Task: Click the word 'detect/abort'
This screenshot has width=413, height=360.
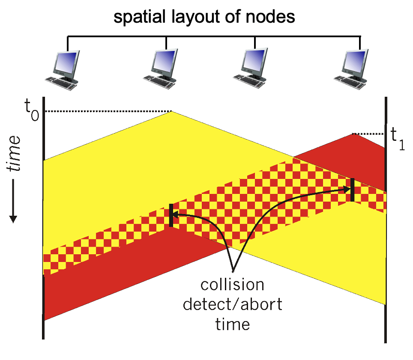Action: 233,305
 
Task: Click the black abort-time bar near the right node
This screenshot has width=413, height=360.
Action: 352,190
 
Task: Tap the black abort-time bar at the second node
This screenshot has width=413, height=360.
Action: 171,215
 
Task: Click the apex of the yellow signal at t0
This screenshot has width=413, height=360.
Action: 172,112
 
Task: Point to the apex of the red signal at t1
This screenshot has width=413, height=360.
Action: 352,134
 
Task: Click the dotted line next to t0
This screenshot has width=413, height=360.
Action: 107,111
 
